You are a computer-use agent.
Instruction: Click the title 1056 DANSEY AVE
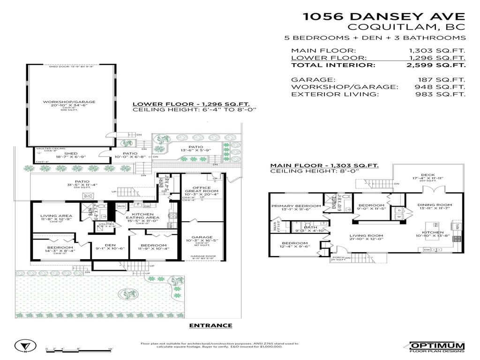384,16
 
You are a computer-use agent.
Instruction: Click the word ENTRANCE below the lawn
210,325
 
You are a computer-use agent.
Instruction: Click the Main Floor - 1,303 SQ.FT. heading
324,165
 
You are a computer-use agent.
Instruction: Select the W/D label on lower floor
120,206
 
